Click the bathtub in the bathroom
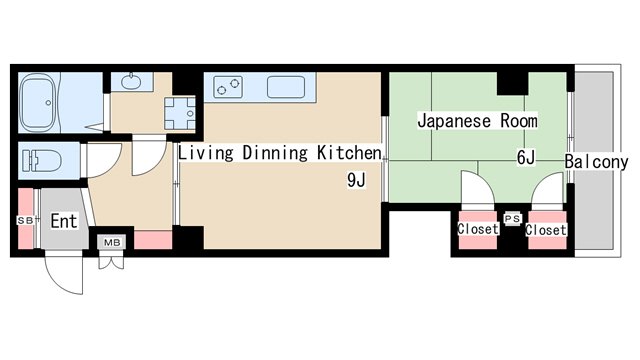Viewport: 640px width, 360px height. pyautogui.click(x=37, y=102)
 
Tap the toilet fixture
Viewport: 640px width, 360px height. pyautogui.click(x=42, y=160)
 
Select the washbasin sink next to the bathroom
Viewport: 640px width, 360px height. pyautogui.click(x=131, y=82)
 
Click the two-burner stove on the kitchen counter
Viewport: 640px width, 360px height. pyautogui.click(x=228, y=87)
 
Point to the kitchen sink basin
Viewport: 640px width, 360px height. pyautogui.click(x=286, y=87)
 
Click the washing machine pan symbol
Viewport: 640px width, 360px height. pyautogui.click(x=180, y=113)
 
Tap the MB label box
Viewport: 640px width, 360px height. pyautogui.click(x=112, y=243)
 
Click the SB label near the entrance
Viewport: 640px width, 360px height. pyautogui.click(x=25, y=220)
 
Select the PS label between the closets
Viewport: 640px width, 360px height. pyautogui.click(x=513, y=219)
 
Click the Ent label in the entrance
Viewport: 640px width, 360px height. pyautogui.click(x=64, y=222)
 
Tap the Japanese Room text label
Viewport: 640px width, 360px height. pyautogui.click(x=477, y=121)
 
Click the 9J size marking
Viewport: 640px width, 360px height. pyautogui.click(x=356, y=180)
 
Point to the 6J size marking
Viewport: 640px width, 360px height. pyautogui.click(x=526, y=158)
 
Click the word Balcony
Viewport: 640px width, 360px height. pyautogui.click(x=596, y=162)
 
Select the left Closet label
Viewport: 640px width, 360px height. pyautogui.click(x=478, y=229)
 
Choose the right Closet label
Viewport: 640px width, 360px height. pyautogui.click(x=546, y=230)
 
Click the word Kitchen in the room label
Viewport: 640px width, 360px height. pyautogui.click(x=349, y=153)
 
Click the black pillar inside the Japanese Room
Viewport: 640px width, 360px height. pyautogui.click(x=513, y=83)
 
